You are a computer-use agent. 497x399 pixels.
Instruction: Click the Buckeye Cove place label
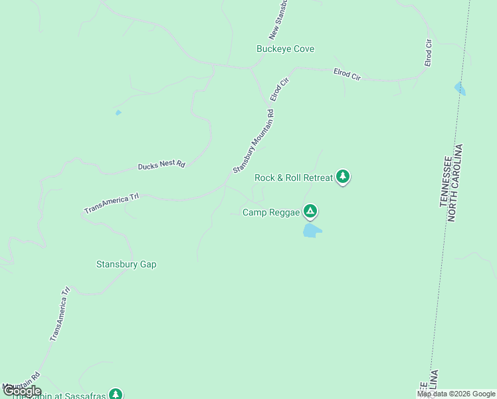click(x=285, y=49)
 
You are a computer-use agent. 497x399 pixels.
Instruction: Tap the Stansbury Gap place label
click(x=126, y=264)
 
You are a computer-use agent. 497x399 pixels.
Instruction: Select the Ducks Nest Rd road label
click(x=161, y=165)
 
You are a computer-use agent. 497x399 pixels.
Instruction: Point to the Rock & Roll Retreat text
click(x=293, y=178)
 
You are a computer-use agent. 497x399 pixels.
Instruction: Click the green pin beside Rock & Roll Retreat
click(x=342, y=176)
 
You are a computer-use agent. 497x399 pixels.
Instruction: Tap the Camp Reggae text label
click(x=271, y=213)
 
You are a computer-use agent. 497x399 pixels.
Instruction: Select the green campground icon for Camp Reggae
click(x=310, y=211)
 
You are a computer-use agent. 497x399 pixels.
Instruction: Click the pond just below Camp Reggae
click(x=312, y=231)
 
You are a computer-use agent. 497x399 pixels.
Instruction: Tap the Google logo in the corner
click(x=22, y=391)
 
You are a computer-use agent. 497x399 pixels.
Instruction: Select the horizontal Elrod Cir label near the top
click(x=347, y=74)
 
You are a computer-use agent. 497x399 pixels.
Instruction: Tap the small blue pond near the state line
click(x=460, y=88)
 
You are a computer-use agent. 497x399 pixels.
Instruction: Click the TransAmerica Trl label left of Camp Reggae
click(x=111, y=203)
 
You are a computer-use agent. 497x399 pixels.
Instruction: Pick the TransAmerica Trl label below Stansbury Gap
click(x=60, y=314)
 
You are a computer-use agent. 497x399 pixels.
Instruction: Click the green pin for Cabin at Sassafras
click(x=116, y=394)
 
